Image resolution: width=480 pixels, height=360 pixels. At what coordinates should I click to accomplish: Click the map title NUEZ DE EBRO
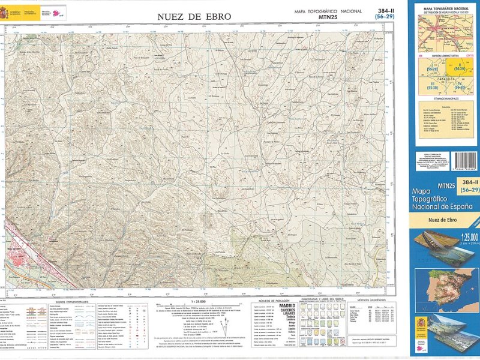194,17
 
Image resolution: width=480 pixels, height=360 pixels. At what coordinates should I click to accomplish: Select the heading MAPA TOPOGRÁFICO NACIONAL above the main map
328,11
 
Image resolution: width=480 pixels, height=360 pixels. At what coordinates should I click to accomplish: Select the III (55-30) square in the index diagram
433,86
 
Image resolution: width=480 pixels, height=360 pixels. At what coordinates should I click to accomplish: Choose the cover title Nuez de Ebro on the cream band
445,221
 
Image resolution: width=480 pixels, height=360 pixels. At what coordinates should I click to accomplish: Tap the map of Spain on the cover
446,289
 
